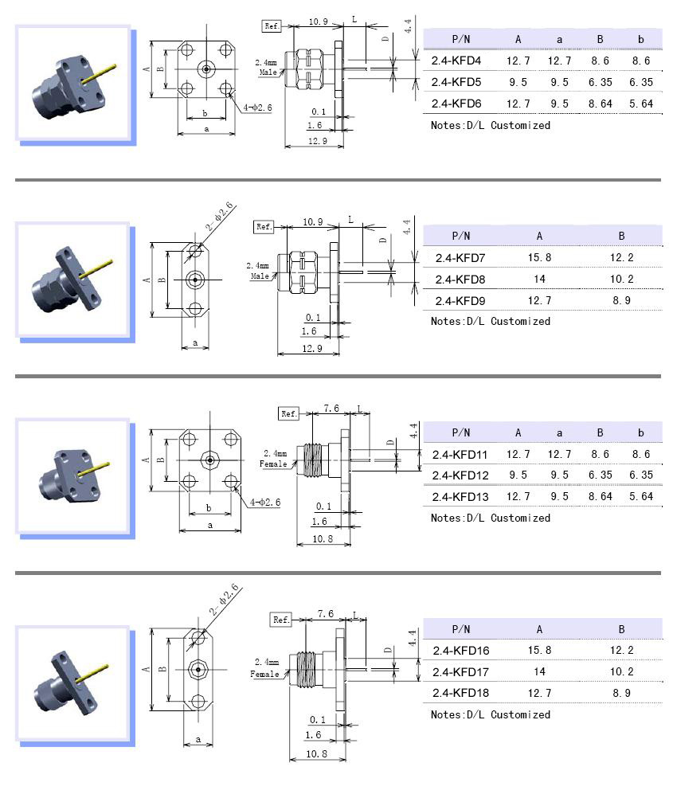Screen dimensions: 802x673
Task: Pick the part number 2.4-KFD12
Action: tap(460, 475)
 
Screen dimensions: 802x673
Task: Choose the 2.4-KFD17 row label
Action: tap(460, 672)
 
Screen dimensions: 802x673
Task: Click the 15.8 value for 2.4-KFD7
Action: tap(539, 257)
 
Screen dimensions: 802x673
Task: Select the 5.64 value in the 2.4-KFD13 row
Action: tap(640, 497)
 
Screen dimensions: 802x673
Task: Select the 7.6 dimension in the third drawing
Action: tap(331, 409)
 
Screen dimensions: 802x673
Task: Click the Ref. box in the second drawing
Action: tap(264, 227)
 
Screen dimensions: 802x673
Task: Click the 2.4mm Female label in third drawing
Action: tap(275, 459)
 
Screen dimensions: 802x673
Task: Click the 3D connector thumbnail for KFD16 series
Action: tap(72, 684)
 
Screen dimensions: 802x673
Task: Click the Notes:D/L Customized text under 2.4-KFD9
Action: tap(490, 322)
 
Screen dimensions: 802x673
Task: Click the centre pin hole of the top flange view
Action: tap(206, 70)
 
